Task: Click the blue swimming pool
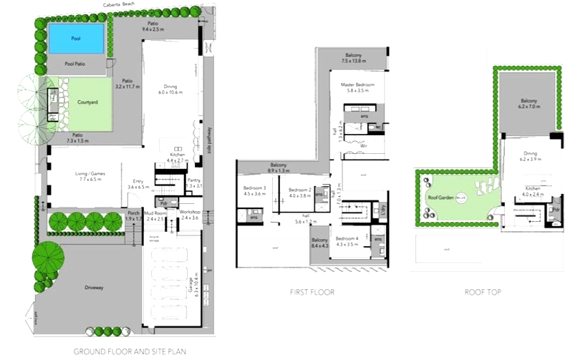point(76,38)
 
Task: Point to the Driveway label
point(94,287)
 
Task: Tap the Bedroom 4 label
point(347,238)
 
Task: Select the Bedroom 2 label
point(299,190)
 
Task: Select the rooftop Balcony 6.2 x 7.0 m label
point(529,101)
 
